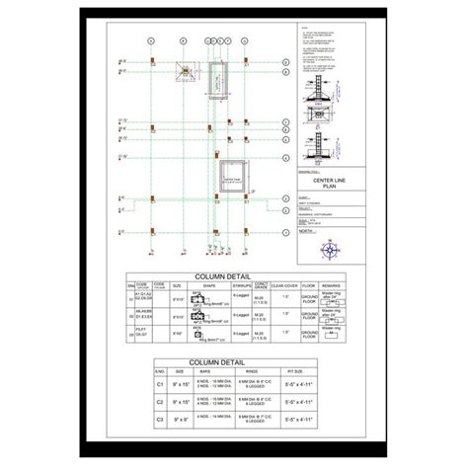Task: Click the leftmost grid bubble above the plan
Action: point(149,41)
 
